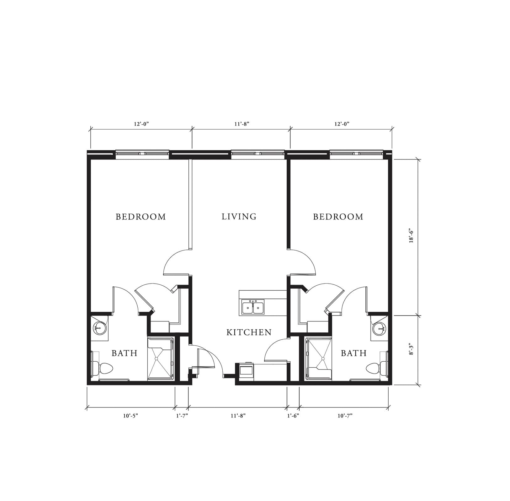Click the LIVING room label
tap(239, 217)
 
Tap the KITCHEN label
tap(249, 332)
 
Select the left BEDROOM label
tap(141, 217)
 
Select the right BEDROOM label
tap(338, 217)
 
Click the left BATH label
tap(125, 353)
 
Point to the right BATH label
tap(354, 353)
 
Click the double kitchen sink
tap(253, 307)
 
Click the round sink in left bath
tap(99, 329)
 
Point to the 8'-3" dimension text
tap(412, 349)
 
